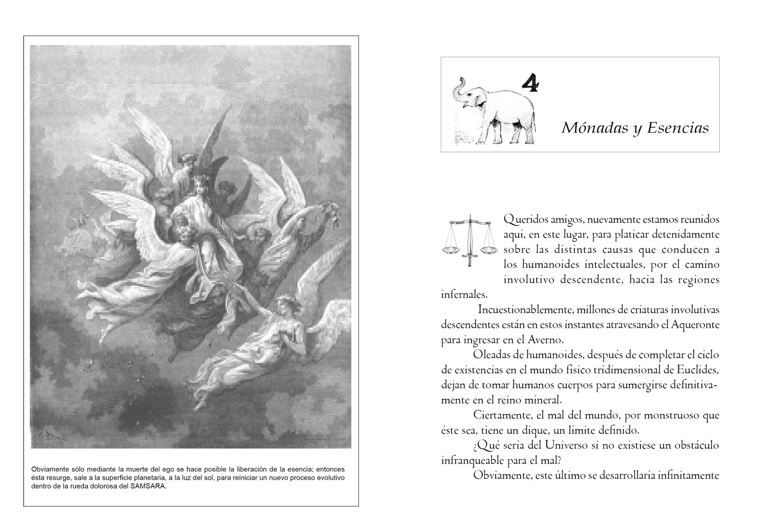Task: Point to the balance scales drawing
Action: coord(469,240)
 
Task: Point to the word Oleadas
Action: coord(492,355)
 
